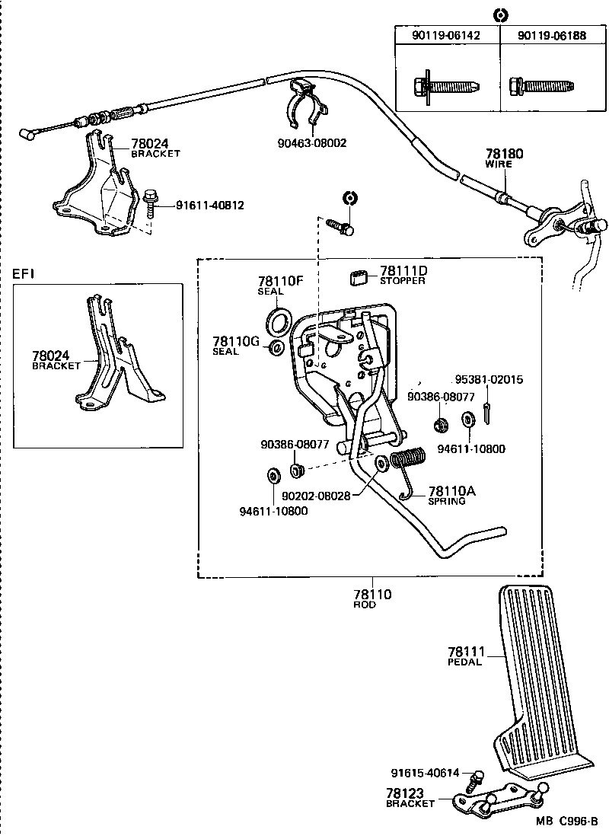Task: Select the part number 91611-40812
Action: pos(210,205)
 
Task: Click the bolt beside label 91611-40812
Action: pos(150,203)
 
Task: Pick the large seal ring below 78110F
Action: pos(279,320)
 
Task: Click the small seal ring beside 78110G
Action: pos(277,349)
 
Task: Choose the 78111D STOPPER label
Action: pos(403,275)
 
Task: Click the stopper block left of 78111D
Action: pos(359,276)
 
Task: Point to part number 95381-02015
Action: pos(489,379)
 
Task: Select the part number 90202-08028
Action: pos(316,496)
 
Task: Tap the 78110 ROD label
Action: pos(371,598)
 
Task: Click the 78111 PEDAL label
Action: pos(465,656)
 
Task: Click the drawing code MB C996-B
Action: pos(566,821)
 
